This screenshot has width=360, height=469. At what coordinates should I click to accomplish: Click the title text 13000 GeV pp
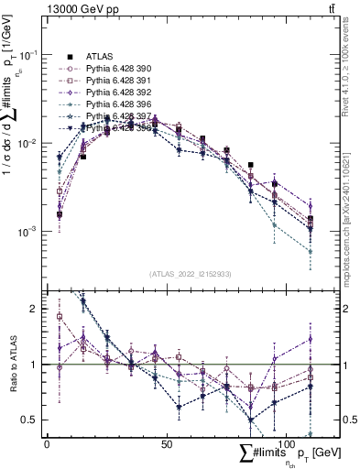(80, 10)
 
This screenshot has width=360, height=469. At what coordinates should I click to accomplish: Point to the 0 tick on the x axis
(47, 442)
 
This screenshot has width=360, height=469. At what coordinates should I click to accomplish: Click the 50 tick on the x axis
(166, 442)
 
